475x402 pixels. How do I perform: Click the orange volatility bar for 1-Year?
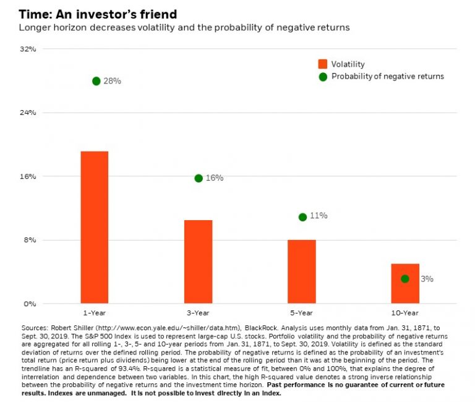[x=94, y=227]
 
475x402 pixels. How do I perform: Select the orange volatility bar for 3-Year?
[x=198, y=262]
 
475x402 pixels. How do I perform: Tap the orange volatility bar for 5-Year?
[x=302, y=272]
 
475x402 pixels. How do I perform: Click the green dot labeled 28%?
[x=96, y=81]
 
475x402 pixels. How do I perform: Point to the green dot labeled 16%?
[x=199, y=178]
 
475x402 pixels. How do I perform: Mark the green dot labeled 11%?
[x=302, y=217]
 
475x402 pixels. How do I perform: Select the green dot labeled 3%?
[x=405, y=279]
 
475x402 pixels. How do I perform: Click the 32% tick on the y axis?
[x=29, y=49]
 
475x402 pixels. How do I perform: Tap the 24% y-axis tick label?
[x=29, y=113]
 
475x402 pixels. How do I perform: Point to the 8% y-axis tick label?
[x=31, y=240]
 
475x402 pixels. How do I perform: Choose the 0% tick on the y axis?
[x=31, y=304]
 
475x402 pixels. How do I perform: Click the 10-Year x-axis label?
[x=405, y=313]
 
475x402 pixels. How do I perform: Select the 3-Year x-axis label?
[x=198, y=313]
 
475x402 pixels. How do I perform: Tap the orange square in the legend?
[x=322, y=64]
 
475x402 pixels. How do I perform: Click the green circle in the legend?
[x=322, y=77]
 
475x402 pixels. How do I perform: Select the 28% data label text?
[x=113, y=81]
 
